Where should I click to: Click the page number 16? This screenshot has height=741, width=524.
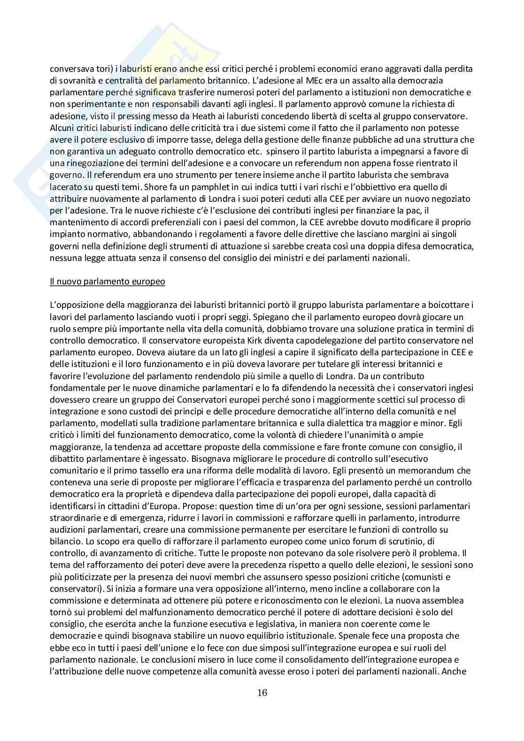(262, 692)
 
